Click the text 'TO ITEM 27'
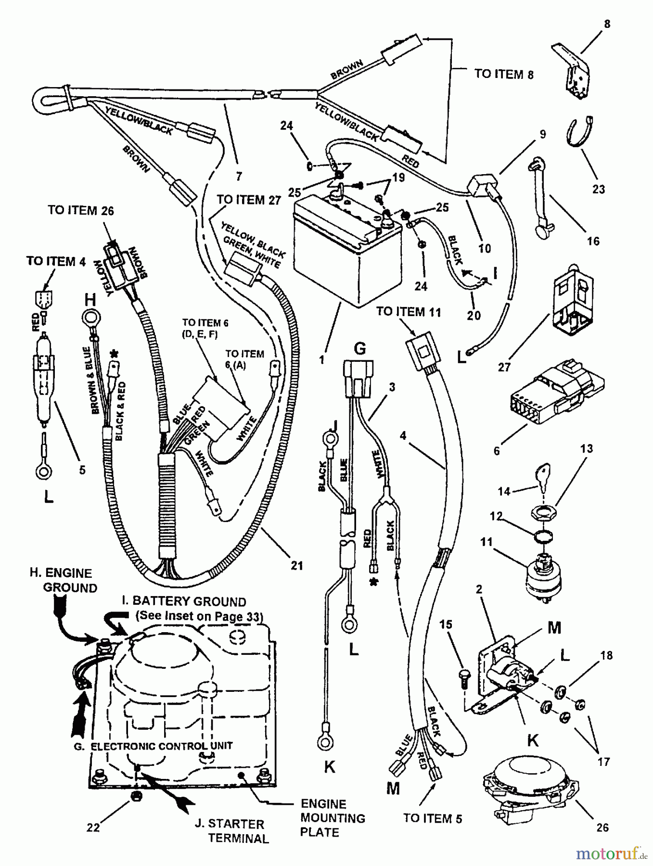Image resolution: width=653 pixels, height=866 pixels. point(248,200)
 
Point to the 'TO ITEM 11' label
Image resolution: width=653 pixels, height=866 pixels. point(408,312)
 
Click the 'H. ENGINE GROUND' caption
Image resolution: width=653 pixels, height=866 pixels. point(63,580)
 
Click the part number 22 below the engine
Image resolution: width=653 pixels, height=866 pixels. point(93,827)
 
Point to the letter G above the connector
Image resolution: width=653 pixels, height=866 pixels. point(359,347)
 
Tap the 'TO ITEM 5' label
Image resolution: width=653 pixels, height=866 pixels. point(432,818)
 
